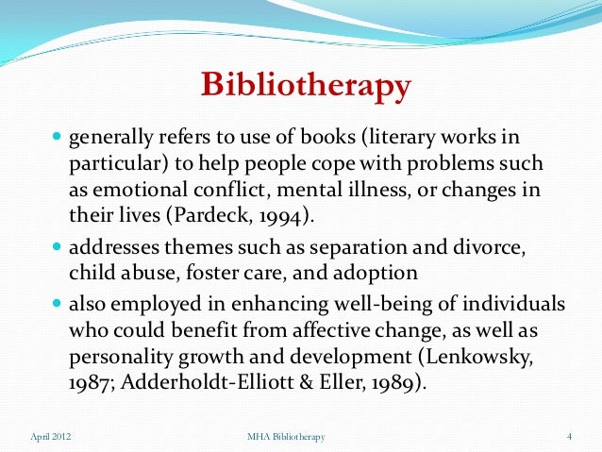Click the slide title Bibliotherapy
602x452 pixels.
(x=306, y=87)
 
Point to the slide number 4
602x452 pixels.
(x=570, y=437)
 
